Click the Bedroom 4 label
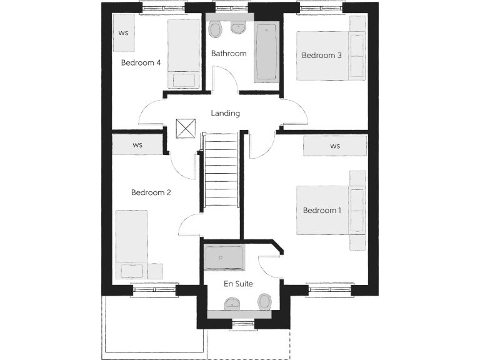click(x=141, y=62)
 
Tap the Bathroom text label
click(x=228, y=53)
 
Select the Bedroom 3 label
click(x=321, y=56)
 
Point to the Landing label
click(x=225, y=113)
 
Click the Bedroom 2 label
click(x=151, y=192)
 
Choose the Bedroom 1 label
click(x=322, y=211)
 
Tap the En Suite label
click(x=238, y=284)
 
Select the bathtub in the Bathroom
click(x=266, y=52)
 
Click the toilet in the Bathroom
click(x=216, y=29)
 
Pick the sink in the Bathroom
click(x=238, y=27)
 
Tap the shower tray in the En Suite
click(x=224, y=256)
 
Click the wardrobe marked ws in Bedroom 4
click(x=123, y=32)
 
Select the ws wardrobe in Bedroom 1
click(x=335, y=146)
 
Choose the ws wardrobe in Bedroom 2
click(x=137, y=145)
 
